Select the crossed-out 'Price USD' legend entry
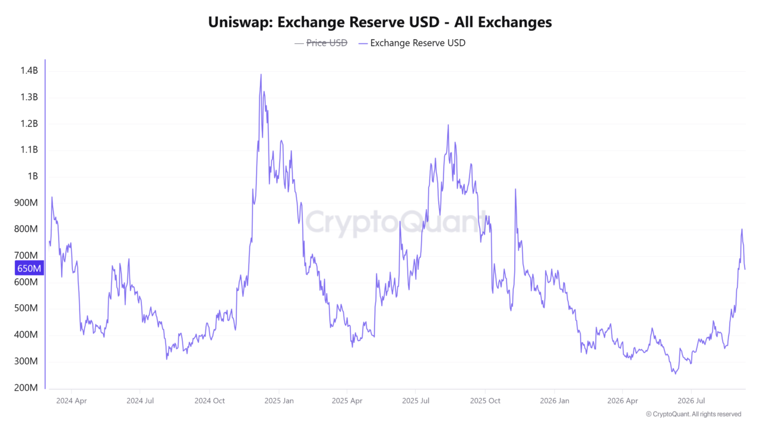coord(321,43)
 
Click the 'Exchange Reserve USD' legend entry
coord(412,43)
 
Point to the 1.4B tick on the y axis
coord(29,71)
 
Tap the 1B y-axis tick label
coord(33,176)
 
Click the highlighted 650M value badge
coord(29,269)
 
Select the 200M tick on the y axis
coord(26,388)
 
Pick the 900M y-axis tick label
coord(26,203)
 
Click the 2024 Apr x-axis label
coord(71,401)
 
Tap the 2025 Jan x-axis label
coord(279,401)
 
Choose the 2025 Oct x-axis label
coord(485,401)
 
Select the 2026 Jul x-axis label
coord(691,401)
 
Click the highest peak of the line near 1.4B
coord(261,75)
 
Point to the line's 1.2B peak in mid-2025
coord(448,125)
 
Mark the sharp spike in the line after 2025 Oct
coord(515,189)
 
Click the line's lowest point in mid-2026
coord(675,374)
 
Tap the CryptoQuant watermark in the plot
coord(396,222)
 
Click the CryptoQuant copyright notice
coord(693,414)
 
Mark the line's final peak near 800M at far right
coord(742,230)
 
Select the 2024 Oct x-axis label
coord(210,401)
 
